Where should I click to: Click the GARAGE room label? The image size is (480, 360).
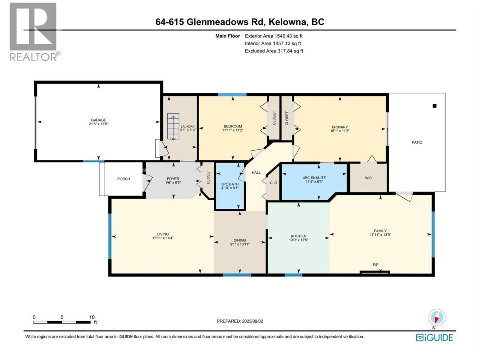98,120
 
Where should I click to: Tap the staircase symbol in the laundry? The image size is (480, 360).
173,126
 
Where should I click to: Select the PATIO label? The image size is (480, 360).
417,142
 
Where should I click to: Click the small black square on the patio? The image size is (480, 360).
434,106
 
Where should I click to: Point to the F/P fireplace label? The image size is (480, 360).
375,265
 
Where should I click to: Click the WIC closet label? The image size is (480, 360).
368,178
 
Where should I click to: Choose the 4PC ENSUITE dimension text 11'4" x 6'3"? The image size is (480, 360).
314,181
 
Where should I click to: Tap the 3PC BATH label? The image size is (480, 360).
229,184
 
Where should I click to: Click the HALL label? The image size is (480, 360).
256,172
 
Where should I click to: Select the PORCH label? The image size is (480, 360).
123,179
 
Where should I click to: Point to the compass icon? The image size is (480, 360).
436,317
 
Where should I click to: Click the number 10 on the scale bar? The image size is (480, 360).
92,317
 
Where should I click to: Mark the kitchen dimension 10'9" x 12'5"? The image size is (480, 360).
298,240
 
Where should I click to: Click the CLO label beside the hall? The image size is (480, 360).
273,183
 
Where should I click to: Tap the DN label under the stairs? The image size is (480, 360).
173,139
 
